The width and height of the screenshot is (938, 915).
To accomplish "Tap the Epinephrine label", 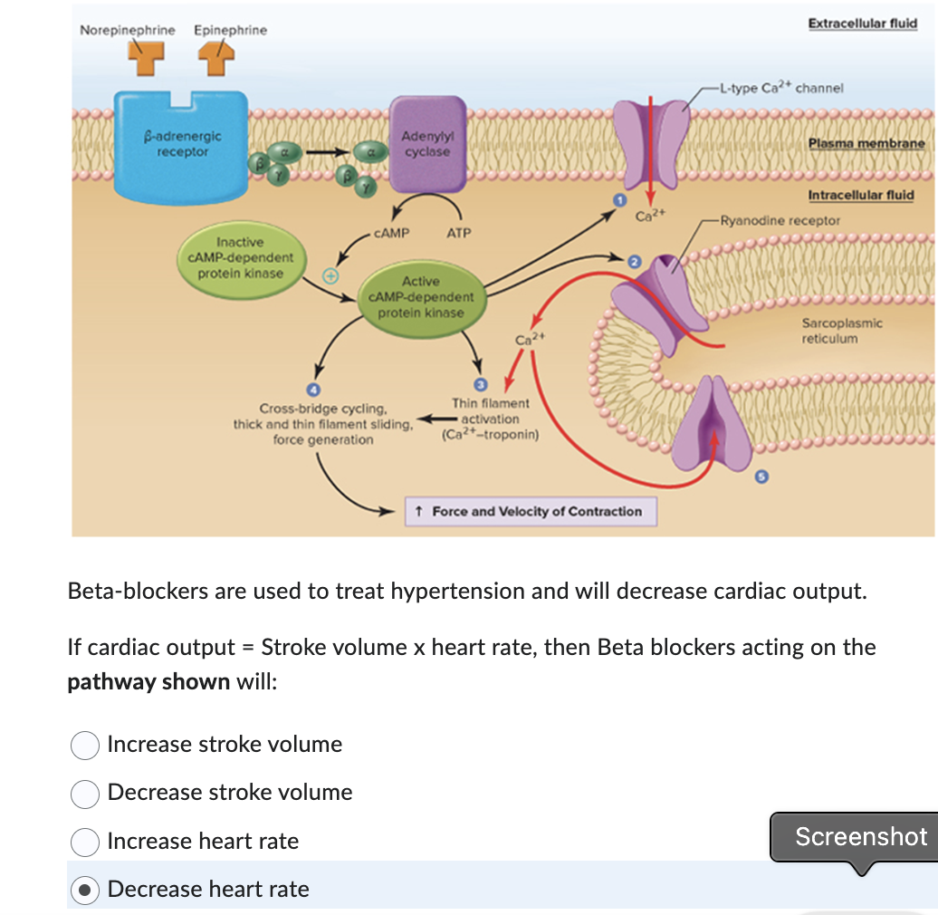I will pyautogui.click(x=230, y=30).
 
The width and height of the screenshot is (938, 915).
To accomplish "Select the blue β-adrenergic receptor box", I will pyautogui.click(x=182, y=145).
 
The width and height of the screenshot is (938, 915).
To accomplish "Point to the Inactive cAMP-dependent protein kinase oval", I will pyautogui.click(x=241, y=258).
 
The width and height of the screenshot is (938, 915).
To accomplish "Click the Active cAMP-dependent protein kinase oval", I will pyautogui.click(x=420, y=297).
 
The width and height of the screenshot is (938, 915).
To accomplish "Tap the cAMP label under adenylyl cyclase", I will pyautogui.click(x=391, y=233).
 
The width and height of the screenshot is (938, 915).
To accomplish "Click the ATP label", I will pyautogui.click(x=459, y=233).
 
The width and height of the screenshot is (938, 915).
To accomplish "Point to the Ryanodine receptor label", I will pyautogui.click(x=780, y=220).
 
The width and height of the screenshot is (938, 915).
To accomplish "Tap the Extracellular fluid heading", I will pyautogui.click(x=862, y=24).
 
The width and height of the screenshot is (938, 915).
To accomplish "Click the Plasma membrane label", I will pyautogui.click(x=866, y=143).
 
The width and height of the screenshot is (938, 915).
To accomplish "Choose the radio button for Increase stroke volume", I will pyautogui.click(x=85, y=745).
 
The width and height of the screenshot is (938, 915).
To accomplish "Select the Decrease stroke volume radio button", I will pyautogui.click(x=85, y=793).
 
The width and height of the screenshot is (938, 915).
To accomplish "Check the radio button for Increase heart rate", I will pyautogui.click(x=85, y=842).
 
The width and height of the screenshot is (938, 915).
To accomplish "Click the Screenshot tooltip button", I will pyautogui.click(x=860, y=837).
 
